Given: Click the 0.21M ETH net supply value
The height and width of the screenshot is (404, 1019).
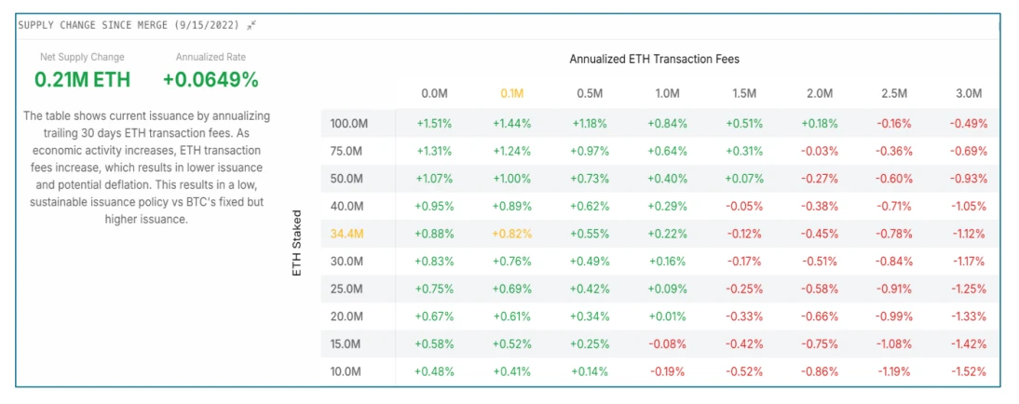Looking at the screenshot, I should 82,80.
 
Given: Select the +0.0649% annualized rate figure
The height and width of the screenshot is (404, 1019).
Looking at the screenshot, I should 211,80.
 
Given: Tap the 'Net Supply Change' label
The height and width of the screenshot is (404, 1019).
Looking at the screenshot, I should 82,58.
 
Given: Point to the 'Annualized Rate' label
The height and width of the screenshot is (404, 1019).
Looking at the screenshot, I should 211,58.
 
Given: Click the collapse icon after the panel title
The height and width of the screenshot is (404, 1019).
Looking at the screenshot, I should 251,25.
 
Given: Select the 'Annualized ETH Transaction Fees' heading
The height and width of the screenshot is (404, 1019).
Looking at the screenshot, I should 654,60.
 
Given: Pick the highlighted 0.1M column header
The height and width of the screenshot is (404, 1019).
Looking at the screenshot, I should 511,94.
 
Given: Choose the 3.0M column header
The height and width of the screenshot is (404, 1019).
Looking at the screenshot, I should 969,94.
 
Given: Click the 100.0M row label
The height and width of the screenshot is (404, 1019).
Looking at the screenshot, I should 349,123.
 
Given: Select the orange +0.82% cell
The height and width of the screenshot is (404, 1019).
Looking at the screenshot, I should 512,234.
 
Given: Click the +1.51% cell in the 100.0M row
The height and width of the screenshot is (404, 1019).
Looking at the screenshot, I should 434,123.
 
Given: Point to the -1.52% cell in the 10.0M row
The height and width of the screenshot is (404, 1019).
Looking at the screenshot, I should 969,371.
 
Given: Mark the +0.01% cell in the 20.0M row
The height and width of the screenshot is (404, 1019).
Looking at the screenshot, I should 666,316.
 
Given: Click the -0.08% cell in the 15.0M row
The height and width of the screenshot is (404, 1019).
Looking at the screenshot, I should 666,344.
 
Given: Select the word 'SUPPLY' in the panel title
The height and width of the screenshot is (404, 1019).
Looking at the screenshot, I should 38,25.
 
